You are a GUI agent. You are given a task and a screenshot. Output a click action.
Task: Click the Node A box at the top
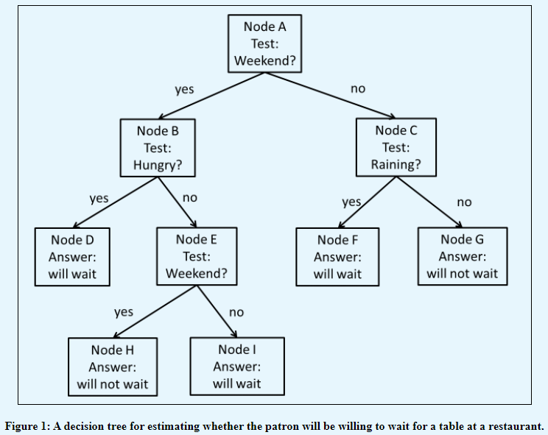(x=264, y=43)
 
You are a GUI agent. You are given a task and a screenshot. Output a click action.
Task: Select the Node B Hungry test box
(x=158, y=148)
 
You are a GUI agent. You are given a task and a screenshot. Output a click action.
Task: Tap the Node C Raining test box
(x=396, y=148)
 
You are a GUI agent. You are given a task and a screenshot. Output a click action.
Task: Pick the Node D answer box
(x=72, y=257)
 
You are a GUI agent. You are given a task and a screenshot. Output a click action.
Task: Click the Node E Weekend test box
(x=196, y=257)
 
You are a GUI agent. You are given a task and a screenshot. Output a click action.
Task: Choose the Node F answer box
(x=337, y=257)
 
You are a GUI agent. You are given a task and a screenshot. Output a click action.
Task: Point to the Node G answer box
(x=462, y=256)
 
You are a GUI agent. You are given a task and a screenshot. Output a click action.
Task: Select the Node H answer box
(x=112, y=366)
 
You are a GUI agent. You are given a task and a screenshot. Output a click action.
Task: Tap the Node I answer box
(x=236, y=366)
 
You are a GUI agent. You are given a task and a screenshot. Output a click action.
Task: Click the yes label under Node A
(x=184, y=89)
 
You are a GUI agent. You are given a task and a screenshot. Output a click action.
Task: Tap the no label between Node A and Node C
(x=358, y=88)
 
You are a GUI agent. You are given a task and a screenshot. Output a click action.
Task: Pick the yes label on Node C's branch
(x=351, y=201)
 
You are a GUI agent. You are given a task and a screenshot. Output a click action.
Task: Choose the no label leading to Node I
(x=236, y=312)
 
